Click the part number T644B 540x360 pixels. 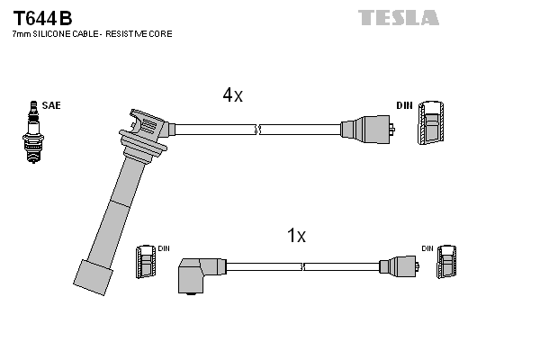[x=41, y=17]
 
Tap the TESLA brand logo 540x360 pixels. [x=398, y=17]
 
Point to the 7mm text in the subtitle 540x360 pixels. [x=21, y=33]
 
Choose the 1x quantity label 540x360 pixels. [x=296, y=236]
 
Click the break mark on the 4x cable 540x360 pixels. [x=258, y=130]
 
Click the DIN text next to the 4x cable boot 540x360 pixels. [x=404, y=105]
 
